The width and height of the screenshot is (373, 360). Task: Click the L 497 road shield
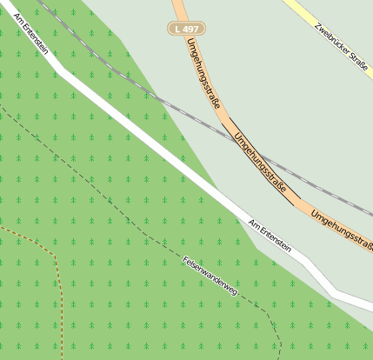click(x=186, y=29)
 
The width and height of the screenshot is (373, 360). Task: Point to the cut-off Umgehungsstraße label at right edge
click(x=342, y=229)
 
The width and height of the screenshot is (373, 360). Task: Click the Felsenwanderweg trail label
click(x=210, y=277)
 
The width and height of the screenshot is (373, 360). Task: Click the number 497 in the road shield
click(x=190, y=29)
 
